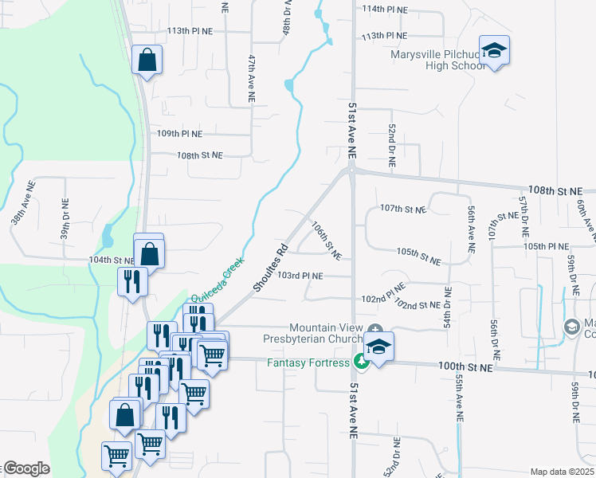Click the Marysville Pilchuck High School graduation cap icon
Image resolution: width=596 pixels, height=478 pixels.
495,51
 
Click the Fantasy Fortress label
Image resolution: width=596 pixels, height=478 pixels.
308,363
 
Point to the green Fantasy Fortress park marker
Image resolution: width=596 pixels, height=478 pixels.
361,363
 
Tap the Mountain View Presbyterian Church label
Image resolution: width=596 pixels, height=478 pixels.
327,334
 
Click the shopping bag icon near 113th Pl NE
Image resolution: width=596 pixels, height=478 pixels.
147,59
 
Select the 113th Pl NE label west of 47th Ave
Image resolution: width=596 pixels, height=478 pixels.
190,31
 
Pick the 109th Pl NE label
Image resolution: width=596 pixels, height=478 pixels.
179,134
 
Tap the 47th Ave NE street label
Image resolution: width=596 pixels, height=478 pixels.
251,78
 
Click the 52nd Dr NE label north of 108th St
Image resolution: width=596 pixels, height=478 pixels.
392,144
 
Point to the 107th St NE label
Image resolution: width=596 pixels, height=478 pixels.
402,209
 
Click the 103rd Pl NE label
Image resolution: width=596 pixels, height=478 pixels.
300,276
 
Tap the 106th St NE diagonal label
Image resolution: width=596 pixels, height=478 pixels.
326,241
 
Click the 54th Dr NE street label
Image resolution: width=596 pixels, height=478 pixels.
449,308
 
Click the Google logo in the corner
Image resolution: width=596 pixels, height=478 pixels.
25,468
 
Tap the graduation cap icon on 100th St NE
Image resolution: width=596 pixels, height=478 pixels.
380,347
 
